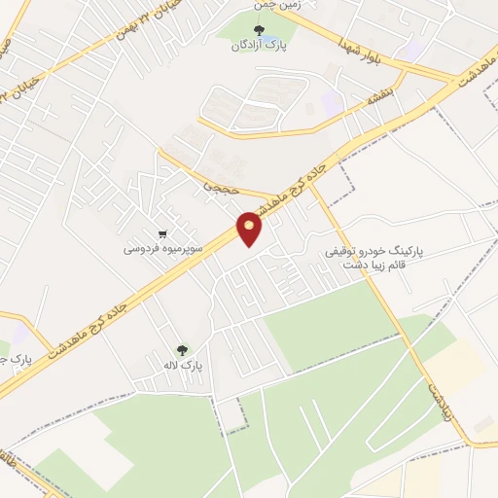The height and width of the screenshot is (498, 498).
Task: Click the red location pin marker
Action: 250,230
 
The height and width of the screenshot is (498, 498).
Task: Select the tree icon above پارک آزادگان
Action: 258,29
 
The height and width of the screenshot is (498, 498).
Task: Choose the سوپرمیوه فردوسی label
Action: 162,248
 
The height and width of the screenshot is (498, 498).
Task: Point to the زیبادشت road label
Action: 434,393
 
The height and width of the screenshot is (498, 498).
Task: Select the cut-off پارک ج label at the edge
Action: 16,360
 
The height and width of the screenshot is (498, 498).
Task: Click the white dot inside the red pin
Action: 250,226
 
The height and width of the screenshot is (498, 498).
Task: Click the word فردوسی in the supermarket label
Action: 139,248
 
